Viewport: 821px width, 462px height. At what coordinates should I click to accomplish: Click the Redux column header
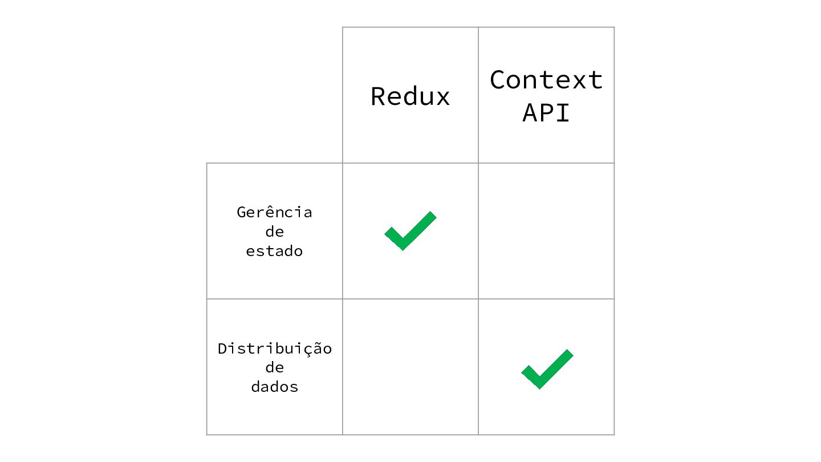(410, 96)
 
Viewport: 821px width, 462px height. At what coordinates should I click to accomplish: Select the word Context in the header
(546, 80)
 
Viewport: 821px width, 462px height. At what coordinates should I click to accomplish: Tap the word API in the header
(546, 112)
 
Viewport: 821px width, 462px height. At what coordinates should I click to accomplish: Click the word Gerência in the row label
(275, 212)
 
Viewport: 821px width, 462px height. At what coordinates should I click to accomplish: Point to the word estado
(275, 251)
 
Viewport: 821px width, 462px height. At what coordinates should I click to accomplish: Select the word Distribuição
(275, 348)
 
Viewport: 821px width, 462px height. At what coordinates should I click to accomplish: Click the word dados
(275, 387)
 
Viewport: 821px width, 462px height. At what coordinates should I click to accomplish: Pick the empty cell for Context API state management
(546, 231)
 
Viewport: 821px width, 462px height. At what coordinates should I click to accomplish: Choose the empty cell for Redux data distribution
(410, 367)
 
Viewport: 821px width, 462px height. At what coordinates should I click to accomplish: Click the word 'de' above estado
(275, 232)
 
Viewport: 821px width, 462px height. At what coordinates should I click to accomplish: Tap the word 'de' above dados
(275, 367)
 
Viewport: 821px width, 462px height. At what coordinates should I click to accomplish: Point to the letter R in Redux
(377, 96)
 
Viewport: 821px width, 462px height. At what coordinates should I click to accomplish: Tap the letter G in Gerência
(242, 212)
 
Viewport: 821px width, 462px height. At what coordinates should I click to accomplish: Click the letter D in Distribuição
(222, 348)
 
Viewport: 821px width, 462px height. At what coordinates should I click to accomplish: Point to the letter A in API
(530, 112)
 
